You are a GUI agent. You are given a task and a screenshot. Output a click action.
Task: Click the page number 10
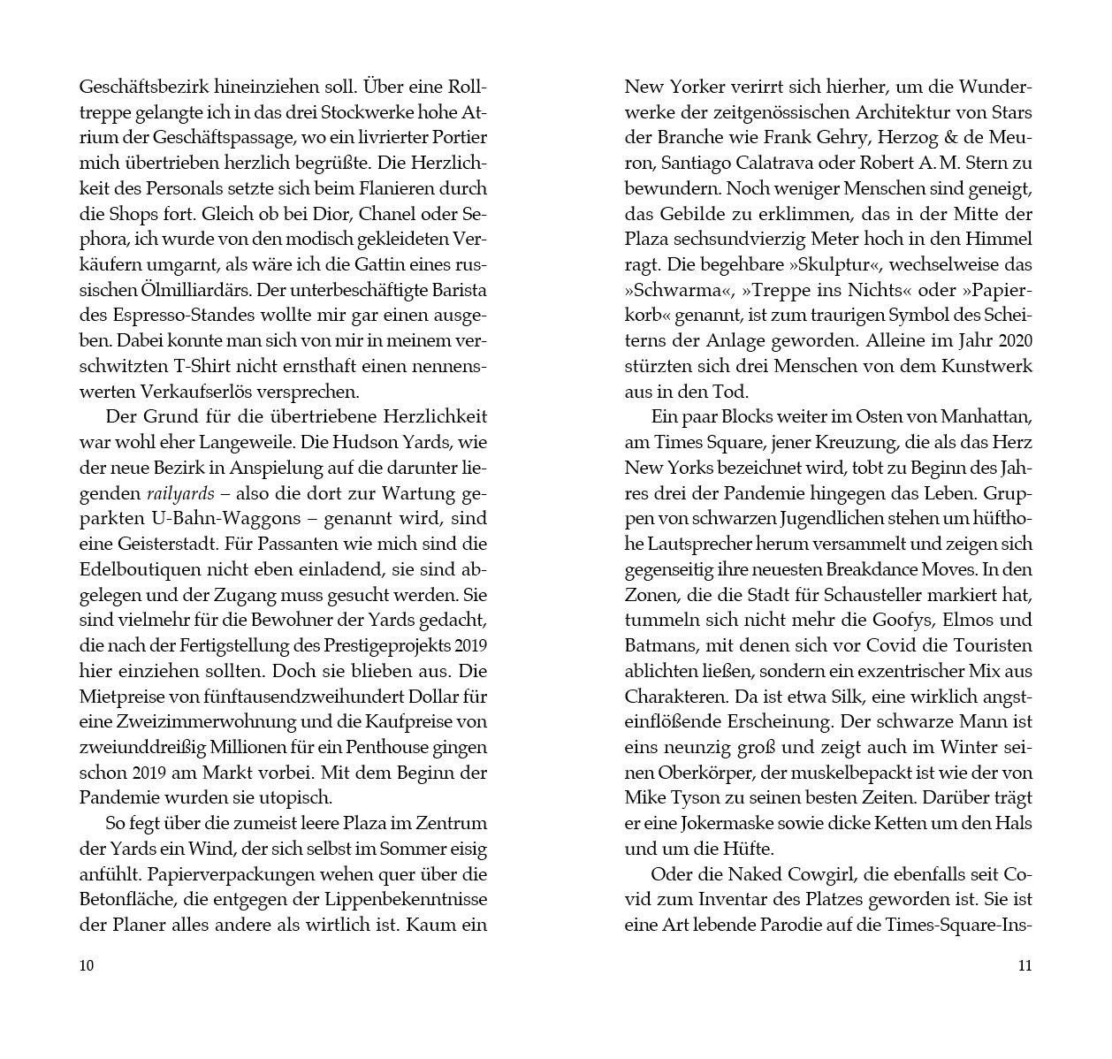point(87,965)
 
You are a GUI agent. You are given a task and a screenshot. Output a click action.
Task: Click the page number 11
point(1024,965)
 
